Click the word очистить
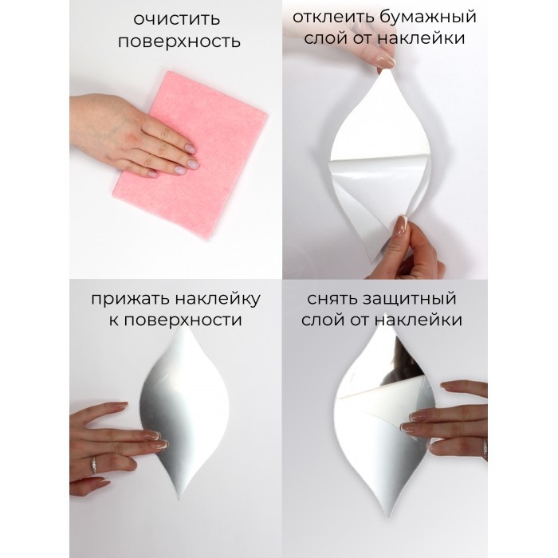point(177,20)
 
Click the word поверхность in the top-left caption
point(179,42)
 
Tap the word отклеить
point(331,17)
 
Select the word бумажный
point(426,17)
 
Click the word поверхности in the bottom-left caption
point(183,320)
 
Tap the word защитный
point(410,299)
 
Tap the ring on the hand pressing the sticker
point(93,465)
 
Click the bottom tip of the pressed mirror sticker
point(179,499)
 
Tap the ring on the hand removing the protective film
point(485,449)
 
